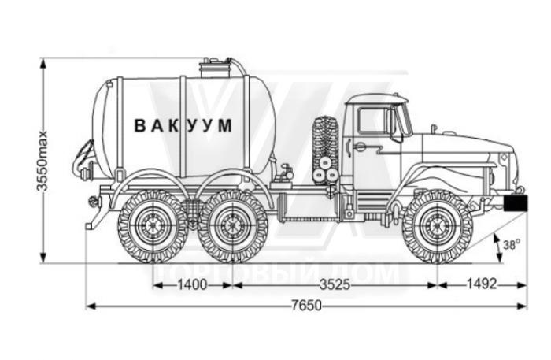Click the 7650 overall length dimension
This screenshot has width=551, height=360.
pos(306,306)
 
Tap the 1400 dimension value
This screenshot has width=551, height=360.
pos(192,284)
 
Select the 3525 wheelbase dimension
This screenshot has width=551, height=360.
pos(335,284)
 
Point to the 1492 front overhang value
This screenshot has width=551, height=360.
pos(482,284)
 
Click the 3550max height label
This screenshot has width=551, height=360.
pos(43,161)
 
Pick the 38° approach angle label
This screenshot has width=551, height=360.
pos(512,245)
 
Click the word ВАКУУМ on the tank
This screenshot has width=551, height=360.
pos(183,125)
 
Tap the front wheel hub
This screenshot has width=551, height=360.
pos(437,226)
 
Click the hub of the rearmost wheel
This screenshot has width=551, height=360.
pos(153,226)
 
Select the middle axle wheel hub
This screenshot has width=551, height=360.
pos(232,226)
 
